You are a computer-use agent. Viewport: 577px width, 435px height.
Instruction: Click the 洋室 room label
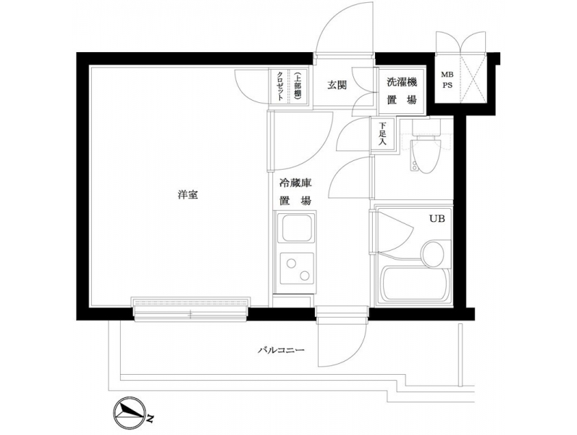click(x=188, y=194)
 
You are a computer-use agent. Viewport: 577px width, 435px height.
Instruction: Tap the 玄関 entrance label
click(x=337, y=86)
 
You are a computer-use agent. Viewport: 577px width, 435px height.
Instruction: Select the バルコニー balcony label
click(x=281, y=350)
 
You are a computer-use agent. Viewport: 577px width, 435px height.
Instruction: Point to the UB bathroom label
click(x=437, y=219)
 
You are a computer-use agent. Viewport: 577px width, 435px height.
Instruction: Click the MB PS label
click(x=447, y=80)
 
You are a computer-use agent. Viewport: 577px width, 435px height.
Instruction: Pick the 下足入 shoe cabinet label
click(x=382, y=133)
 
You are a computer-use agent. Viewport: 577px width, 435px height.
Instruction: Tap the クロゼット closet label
click(x=279, y=86)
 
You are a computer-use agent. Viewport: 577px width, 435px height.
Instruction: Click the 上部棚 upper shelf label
click(x=298, y=86)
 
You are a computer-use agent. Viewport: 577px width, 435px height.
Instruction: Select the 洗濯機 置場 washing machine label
click(x=402, y=91)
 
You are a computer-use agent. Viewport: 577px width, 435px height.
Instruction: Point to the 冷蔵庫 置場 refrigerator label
click(x=295, y=191)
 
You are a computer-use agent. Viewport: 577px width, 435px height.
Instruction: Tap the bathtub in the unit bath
click(x=416, y=284)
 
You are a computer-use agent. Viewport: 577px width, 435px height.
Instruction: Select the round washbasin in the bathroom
click(x=434, y=254)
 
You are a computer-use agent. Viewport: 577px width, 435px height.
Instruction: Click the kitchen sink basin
click(x=297, y=228)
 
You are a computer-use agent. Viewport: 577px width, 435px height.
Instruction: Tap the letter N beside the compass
click(x=150, y=418)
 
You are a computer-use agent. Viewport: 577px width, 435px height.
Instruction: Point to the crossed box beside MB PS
click(x=472, y=78)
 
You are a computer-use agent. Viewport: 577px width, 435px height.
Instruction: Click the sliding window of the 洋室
click(x=190, y=309)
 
